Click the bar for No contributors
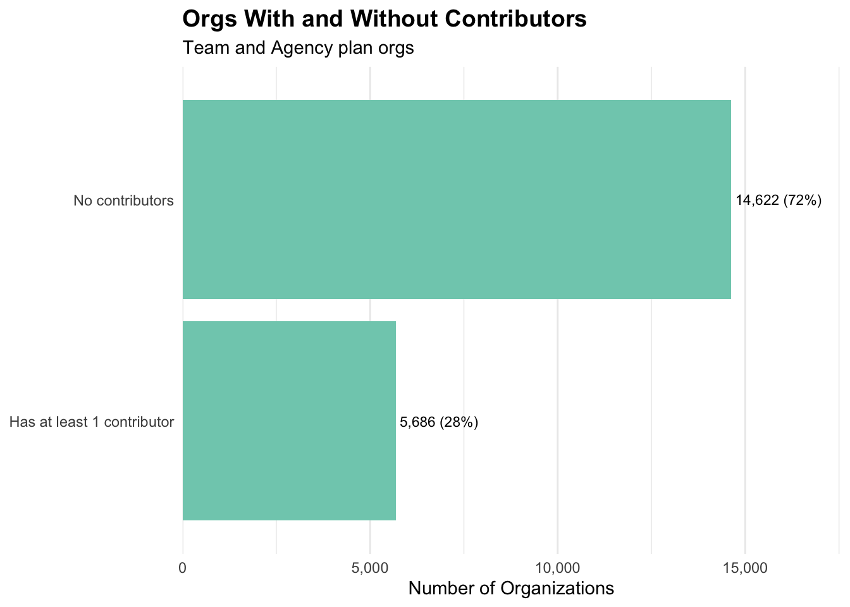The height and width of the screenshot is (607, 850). [x=457, y=199]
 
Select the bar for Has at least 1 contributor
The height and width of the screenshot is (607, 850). [x=289, y=420]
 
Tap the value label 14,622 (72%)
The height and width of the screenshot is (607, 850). [x=779, y=201]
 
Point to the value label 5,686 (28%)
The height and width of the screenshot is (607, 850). [x=439, y=422]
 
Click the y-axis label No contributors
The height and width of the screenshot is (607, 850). [x=123, y=202]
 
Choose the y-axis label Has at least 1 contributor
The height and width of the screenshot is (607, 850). [x=92, y=422]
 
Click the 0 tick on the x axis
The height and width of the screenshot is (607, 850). [x=183, y=568]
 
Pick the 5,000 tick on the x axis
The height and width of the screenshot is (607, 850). [x=370, y=568]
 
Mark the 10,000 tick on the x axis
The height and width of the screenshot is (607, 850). [x=557, y=568]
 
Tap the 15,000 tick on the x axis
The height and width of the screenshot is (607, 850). [x=744, y=568]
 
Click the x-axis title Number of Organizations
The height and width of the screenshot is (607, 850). [x=511, y=589]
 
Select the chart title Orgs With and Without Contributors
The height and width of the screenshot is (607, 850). [x=385, y=20]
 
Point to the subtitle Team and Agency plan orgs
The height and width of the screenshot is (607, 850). [x=298, y=48]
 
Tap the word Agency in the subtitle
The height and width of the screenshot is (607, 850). [x=297, y=48]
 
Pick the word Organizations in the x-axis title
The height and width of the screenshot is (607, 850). [x=557, y=589]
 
